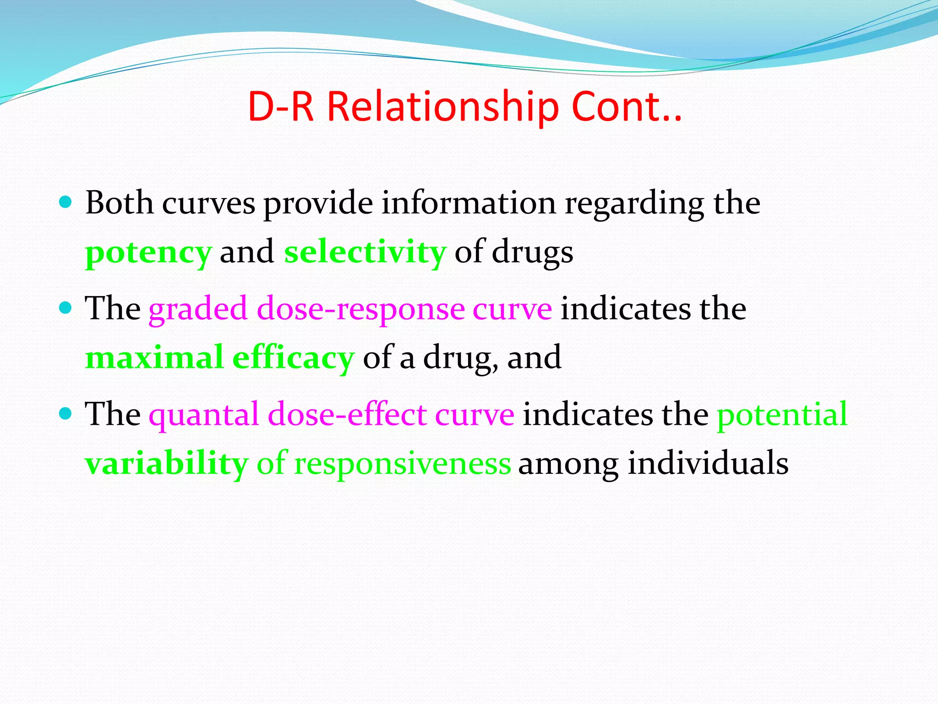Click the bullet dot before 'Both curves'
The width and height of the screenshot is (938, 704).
66,202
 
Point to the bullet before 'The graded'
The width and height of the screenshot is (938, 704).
66,308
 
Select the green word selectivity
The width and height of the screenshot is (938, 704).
365,252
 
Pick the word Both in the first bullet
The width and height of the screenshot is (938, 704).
119,203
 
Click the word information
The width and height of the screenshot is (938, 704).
469,203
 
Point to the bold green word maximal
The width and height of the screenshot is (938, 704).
154,357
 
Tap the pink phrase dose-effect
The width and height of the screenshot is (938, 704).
347,414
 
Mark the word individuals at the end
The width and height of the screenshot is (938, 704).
708,463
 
